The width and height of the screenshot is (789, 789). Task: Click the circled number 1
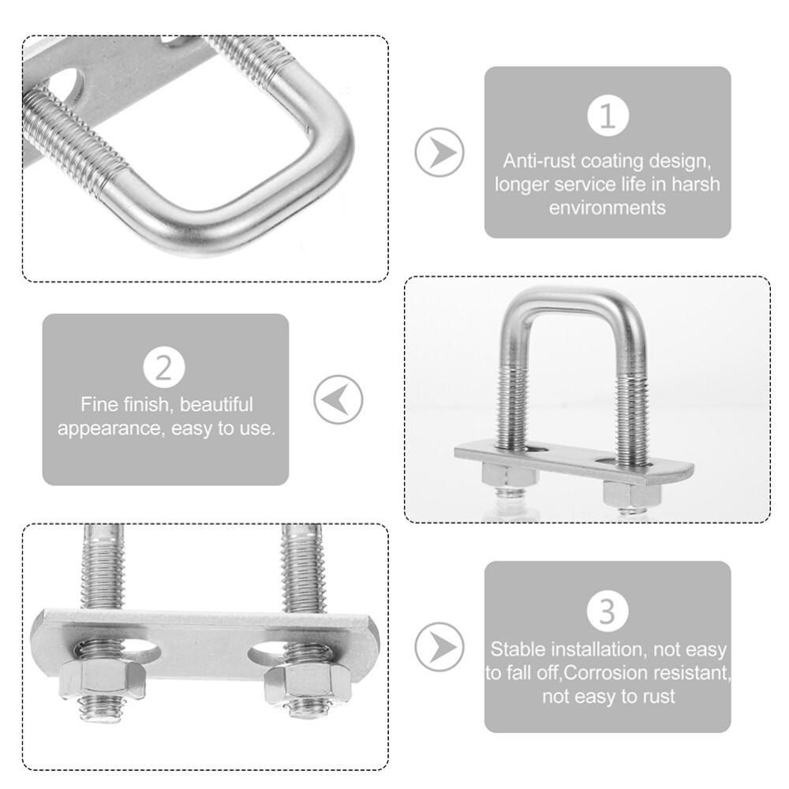pyautogui.click(x=608, y=116)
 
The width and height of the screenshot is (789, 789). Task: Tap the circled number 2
pyautogui.click(x=165, y=368)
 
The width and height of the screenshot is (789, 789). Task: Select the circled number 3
pyautogui.click(x=608, y=612)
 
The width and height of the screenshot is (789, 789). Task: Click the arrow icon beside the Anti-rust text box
pyautogui.click(x=439, y=151)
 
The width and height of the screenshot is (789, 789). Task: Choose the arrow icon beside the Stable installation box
pyautogui.click(x=439, y=647)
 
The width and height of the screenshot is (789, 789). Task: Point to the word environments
pyautogui.click(x=607, y=208)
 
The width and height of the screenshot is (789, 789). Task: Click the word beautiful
pyautogui.click(x=217, y=405)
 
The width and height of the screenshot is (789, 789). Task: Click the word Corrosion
pyautogui.click(x=615, y=673)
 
